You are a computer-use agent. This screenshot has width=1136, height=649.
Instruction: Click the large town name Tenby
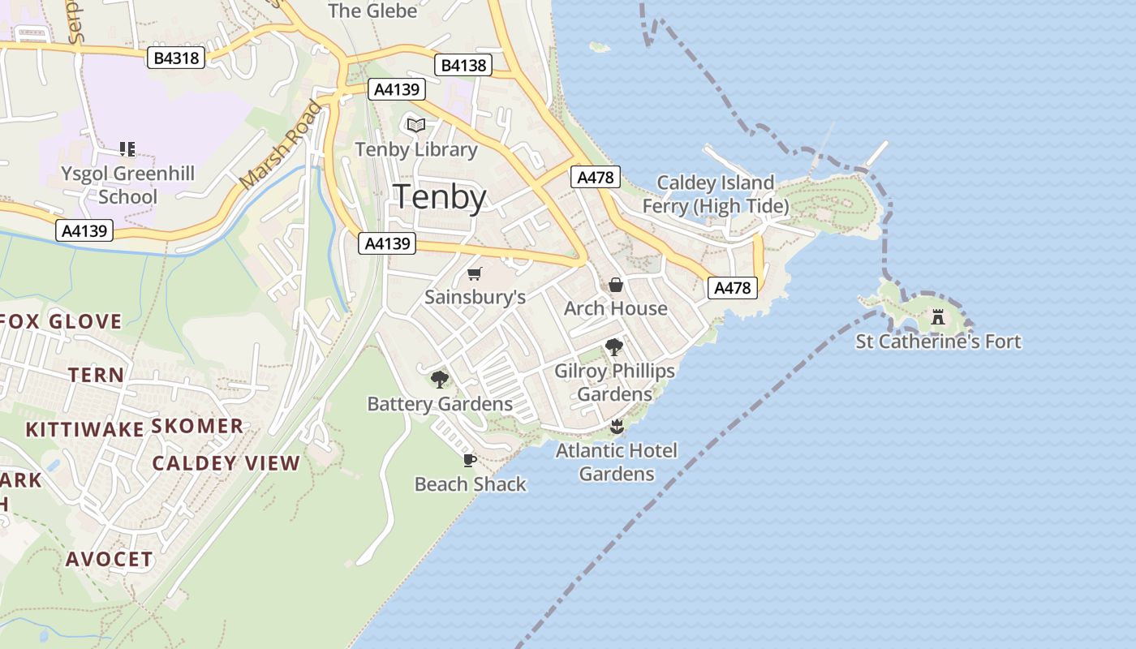(440, 197)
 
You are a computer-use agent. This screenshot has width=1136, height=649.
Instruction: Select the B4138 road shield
(463, 65)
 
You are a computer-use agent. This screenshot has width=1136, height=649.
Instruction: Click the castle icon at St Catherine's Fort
(938, 316)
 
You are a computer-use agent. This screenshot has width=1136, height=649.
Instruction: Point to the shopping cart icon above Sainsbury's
(475, 274)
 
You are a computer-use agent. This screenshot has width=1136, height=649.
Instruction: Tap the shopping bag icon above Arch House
(616, 285)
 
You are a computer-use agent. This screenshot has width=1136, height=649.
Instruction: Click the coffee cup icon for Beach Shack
(469, 461)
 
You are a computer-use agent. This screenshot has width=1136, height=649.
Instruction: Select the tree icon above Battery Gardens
(440, 379)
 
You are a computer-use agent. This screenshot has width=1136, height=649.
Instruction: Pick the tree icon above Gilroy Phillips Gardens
(614, 347)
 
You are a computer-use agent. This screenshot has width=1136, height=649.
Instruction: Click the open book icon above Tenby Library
(416, 125)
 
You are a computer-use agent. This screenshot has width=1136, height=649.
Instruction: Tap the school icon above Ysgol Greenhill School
(127, 148)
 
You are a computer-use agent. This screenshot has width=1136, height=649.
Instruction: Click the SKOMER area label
(197, 426)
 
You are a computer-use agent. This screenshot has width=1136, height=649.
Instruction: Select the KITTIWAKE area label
(84, 429)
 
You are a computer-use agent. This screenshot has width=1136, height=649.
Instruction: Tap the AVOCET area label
(110, 559)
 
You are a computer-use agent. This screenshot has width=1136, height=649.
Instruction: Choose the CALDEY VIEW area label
(226, 463)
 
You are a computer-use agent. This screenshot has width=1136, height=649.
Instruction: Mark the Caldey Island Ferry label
(715, 195)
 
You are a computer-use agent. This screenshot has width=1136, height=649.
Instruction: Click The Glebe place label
(372, 11)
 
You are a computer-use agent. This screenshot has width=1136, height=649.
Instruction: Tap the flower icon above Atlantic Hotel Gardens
(617, 427)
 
